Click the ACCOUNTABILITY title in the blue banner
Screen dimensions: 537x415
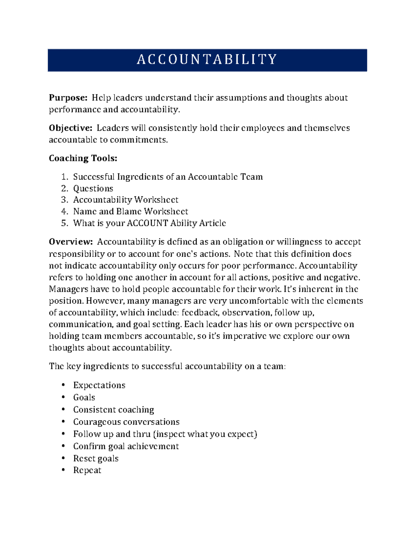(x=207, y=59)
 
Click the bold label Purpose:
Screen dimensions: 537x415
(x=68, y=98)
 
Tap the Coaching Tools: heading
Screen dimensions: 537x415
(x=83, y=158)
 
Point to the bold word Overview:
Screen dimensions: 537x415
(x=71, y=242)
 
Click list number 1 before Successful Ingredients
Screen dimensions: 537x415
(x=64, y=177)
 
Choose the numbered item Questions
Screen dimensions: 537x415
(x=93, y=188)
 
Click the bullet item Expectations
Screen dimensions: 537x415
(x=99, y=385)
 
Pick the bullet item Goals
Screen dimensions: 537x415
(x=84, y=397)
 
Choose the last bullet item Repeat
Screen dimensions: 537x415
(x=87, y=471)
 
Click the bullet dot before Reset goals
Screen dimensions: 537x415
(x=63, y=458)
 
